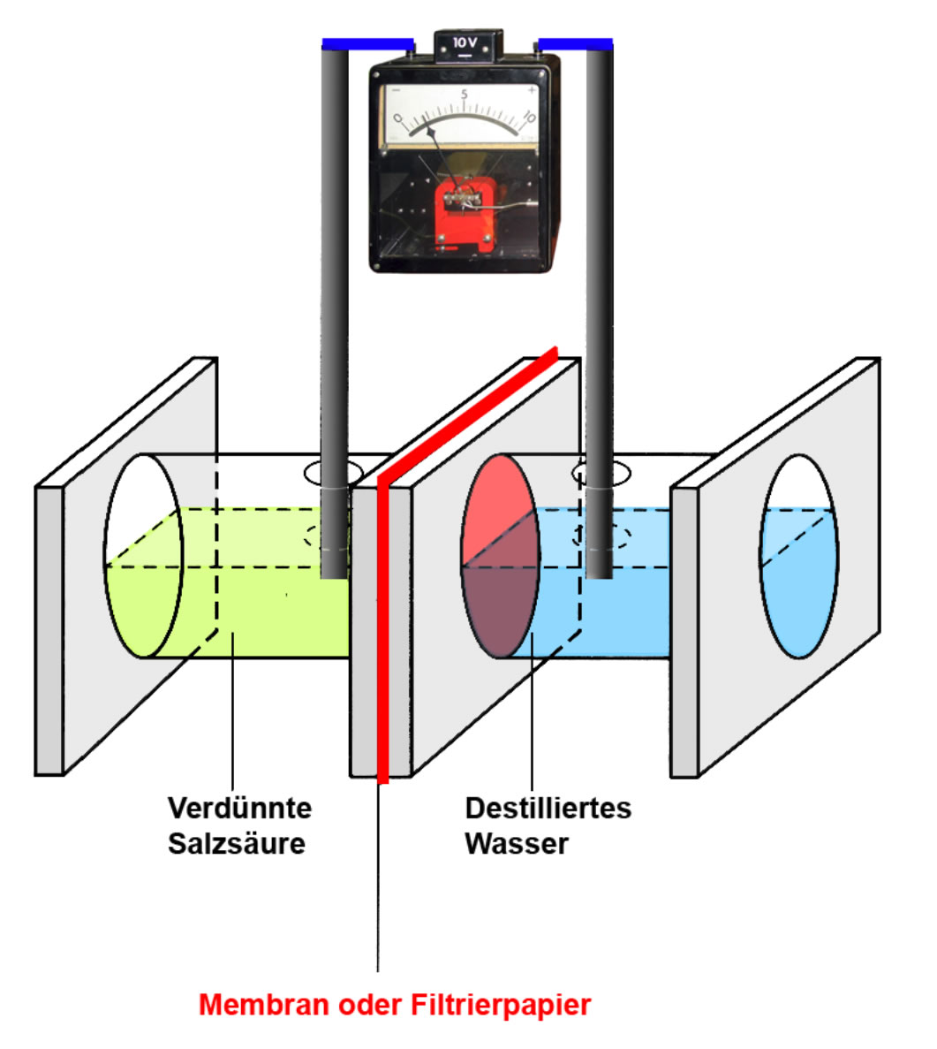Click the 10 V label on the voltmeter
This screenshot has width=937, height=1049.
click(465, 42)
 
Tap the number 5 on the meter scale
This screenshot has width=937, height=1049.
click(464, 94)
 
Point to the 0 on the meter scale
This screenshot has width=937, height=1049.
click(398, 118)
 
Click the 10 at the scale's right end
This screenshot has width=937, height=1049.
click(529, 118)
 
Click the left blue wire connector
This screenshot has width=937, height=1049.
click(367, 43)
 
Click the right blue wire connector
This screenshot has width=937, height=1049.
click(575, 43)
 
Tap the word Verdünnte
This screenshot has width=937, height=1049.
click(239, 808)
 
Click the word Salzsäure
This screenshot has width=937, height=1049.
click(237, 843)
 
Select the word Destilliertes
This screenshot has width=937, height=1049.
click(548, 808)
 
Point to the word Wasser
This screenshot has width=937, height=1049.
click(517, 843)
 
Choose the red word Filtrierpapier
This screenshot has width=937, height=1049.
click(501, 1005)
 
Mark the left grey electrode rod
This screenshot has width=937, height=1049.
click(334, 309)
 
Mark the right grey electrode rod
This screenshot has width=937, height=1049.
click(598, 309)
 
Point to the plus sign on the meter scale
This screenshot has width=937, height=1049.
click(531, 90)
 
